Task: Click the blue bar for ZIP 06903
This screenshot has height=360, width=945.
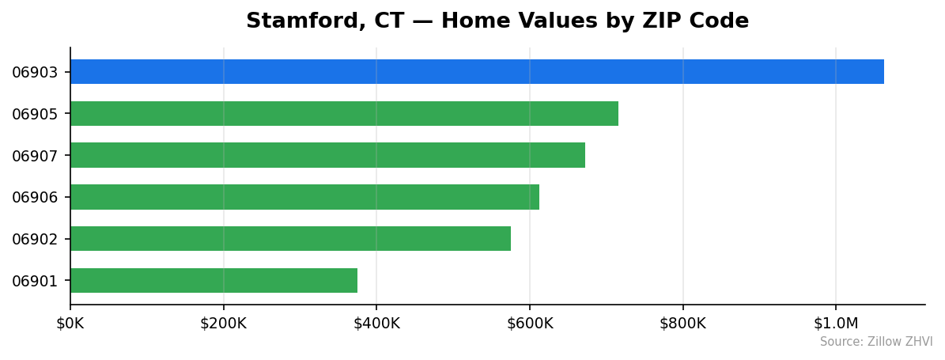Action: click(477, 72)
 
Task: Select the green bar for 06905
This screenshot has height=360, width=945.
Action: click(344, 114)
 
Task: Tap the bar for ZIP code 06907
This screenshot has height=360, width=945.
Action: click(327, 155)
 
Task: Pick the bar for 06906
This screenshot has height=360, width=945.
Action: click(304, 197)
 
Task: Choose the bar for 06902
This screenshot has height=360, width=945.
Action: click(290, 239)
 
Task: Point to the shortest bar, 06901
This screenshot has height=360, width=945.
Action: click(214, 281)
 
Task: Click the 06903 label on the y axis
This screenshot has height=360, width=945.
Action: click(35, 73)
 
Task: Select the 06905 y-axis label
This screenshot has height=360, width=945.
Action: click(35, 114)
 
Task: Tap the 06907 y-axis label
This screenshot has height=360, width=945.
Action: click(35, 156)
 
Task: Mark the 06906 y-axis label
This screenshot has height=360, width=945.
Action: click(35, 197)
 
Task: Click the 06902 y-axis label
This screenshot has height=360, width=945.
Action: click(35, 239)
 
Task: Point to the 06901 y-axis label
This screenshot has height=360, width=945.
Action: click(35, 281)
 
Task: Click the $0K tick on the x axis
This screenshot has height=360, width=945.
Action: click(70, 324)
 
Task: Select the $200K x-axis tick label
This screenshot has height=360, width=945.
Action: click(223, 324)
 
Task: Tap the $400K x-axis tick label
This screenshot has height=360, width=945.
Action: click(376, 324)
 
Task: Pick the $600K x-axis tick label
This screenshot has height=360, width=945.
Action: click(530, 324)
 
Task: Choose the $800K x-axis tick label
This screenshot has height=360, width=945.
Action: click(682, 324)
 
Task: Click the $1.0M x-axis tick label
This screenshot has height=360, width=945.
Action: click(836, 324)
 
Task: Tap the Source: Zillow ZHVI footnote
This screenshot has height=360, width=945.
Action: click(876, 342)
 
